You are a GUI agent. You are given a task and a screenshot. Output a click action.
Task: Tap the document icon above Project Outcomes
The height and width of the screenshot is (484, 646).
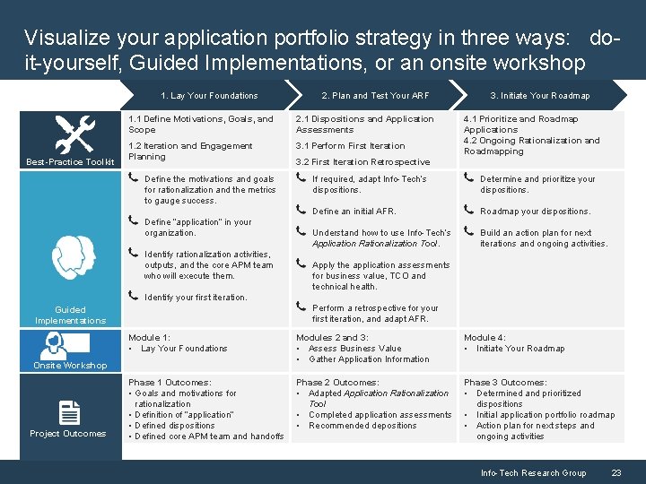(69, 412)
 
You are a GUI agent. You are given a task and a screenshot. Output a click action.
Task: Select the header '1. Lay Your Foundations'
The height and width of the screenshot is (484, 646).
(209, 96)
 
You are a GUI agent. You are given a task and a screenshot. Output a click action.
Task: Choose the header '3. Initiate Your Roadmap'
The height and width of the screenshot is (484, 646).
(539, 96)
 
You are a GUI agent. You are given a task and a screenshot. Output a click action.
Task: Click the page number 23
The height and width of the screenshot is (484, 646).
(616, 473)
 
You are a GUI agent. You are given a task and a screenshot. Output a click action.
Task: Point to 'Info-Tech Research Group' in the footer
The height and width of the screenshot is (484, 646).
(533, 473)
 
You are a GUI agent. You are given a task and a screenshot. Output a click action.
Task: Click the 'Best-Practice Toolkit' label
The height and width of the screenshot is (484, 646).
(70, 162)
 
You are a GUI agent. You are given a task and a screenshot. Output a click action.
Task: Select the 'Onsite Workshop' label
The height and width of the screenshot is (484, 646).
(70, 366)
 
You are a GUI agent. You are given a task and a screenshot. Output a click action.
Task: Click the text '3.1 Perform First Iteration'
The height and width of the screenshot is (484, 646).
(350, 146)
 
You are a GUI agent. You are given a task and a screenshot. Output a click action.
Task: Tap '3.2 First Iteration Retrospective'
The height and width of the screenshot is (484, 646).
(362, 162)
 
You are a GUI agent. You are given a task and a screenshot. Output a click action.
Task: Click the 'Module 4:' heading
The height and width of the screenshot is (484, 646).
(484, 338)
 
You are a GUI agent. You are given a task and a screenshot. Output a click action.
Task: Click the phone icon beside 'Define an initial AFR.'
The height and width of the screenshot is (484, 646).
(301, 211)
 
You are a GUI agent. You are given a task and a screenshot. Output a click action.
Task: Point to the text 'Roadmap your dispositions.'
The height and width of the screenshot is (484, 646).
(535, 212)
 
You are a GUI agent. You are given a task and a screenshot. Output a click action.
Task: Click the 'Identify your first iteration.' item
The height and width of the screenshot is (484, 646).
(196, 298)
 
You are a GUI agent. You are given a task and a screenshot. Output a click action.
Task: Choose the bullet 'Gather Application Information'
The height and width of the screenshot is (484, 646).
(369, 359)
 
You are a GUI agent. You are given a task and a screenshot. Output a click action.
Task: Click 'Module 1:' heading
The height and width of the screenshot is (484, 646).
(149, 338)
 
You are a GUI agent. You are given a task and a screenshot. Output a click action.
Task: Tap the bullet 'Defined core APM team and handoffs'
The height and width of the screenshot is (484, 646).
(209, 436)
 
